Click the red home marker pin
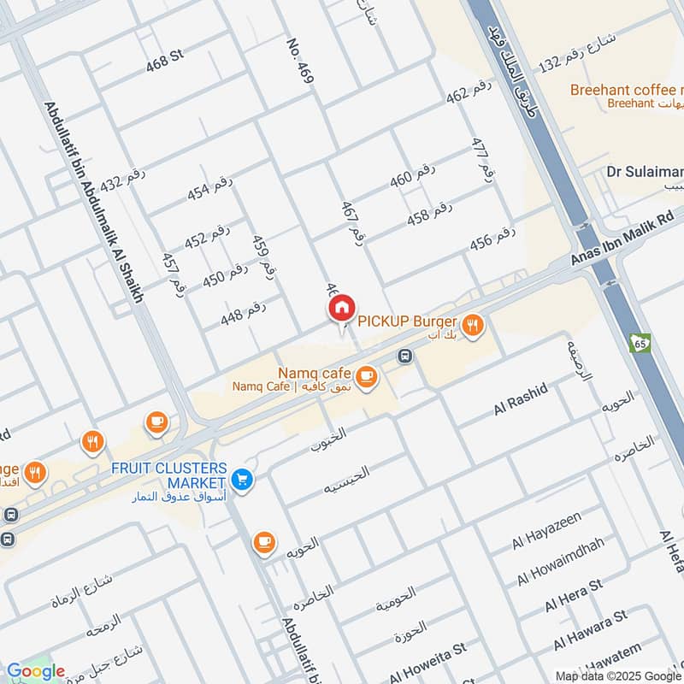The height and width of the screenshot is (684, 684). coord(341,309)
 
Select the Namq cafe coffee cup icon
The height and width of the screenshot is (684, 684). coord(367,376)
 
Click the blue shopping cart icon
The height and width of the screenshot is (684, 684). coord(243,481)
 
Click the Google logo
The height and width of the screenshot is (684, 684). coord(35,672)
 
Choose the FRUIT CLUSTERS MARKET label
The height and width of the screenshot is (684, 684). coord(168,475)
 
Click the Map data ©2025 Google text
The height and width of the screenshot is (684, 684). coord(618,675)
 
